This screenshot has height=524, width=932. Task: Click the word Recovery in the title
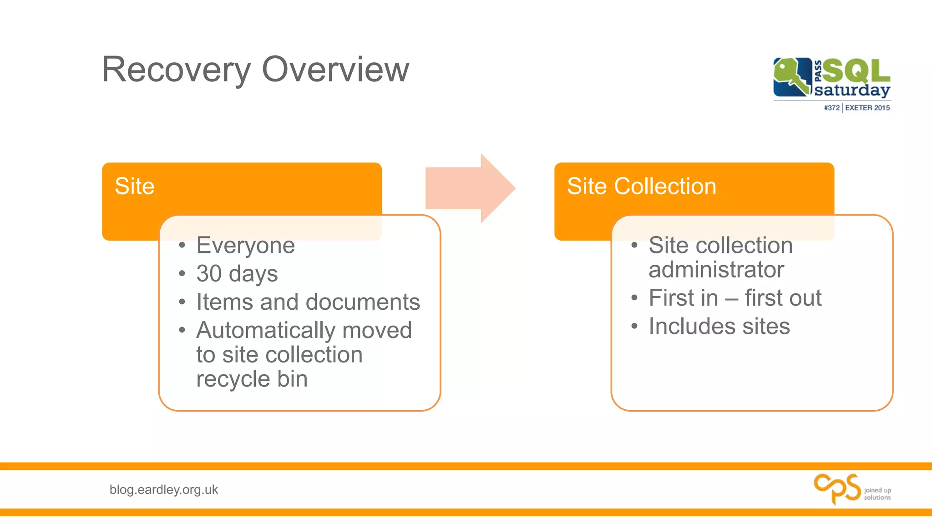pyautogui.click(x=176, y=70)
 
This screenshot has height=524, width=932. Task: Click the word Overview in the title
pyautogui.click(x=335, y=70)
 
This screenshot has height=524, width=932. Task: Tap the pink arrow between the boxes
pyautogui.click(x=469, y=188)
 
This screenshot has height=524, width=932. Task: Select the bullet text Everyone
pyautogui.click(x=245, y=246)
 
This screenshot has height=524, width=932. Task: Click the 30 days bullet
pyautogui.click(x=237, y=274)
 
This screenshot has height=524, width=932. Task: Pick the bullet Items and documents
pyautogui.click(x=308, y=302)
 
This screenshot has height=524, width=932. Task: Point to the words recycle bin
pyautogui.click(x=252, y=379)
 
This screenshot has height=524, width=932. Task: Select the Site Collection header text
pyautogui.click(x=641, y=186)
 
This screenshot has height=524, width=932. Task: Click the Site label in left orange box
pyautogui.click(x=134, y=186)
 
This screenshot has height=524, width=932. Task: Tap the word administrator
pyautogui.click(x=716, y=269)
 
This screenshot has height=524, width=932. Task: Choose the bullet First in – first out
pyautogui.click(x=734, y=298)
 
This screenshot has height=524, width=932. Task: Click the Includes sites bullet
pyautogui.click(x=719, y=326)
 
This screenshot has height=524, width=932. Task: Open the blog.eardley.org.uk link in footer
pyautogui.click(x=163, y=489)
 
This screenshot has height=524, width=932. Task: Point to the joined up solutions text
pyautogui.click(x=877, y=494)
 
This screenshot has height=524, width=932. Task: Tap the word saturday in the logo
pyautogui.click(x=852, y=90)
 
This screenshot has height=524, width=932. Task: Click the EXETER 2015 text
pyautogui.click(x=867, y=108)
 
